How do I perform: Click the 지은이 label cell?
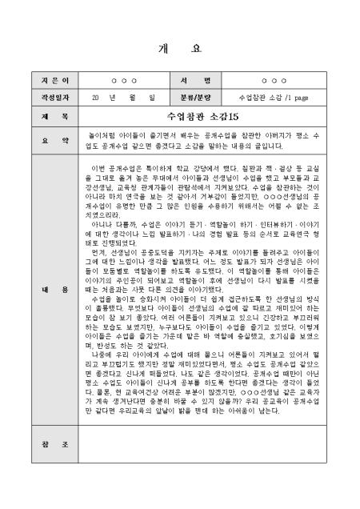coord(45,82)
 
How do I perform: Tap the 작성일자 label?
coord(45,97)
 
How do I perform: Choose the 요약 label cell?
coord(45,141)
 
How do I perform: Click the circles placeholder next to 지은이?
coord(123,82)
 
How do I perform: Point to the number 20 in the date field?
coord(96,97)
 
